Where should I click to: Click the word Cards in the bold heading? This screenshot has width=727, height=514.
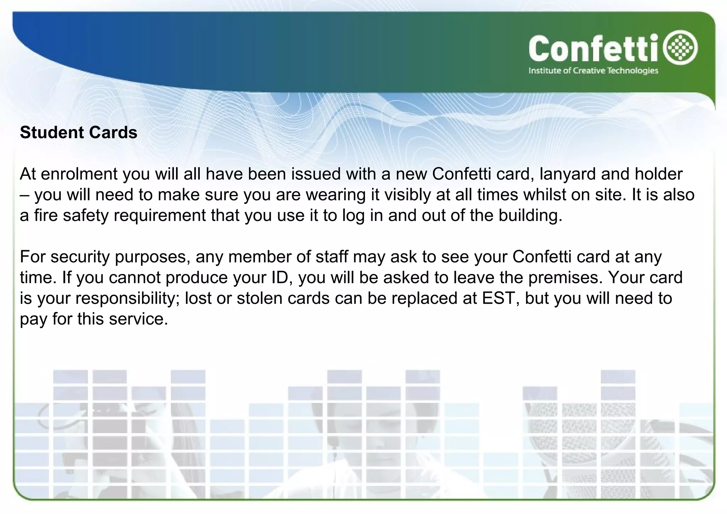[x=113, y=133]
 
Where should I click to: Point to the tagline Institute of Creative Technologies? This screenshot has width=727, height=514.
[x=593, y=71]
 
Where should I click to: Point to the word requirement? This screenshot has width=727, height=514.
[x=160, y=216]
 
